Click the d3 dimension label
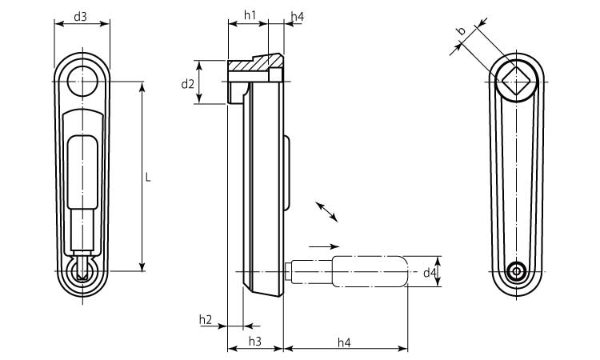tap(80, 17)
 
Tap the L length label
tap(149, 178)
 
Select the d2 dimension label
tap(187, 84)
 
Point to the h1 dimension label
tap(250, 15)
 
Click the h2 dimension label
tap(206, 319)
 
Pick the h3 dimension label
tap(255, 341)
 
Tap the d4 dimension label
tap(430, 273)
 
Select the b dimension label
tap(462, 30)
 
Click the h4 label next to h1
tap(298, 17)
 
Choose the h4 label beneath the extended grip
tap(344, 342)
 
